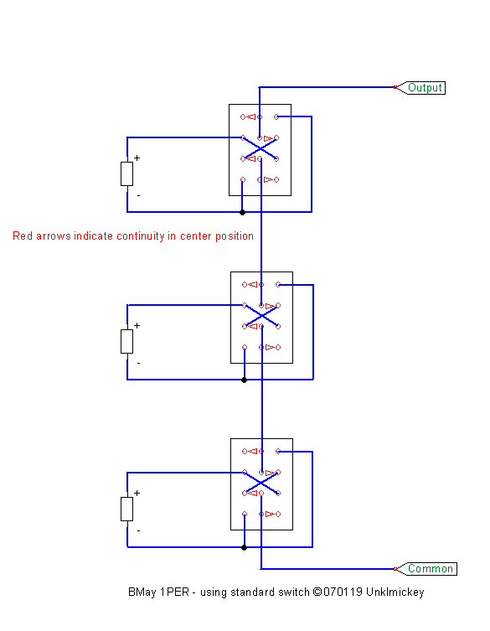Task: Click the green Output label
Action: (425, 87)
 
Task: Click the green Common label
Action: (431, 569)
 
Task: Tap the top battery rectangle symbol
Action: (126, 173)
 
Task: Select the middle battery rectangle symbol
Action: (126, 341)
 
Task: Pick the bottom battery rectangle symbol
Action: (126, 509)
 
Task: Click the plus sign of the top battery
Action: (137, 158)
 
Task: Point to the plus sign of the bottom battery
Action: (137, 493)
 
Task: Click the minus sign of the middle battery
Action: (138, 363)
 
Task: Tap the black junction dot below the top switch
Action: (242, 212)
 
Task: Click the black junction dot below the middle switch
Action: (244, 380)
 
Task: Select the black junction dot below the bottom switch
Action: (244, 547)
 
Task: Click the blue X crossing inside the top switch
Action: (260, 148)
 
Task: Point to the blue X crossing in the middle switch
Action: (261, 316)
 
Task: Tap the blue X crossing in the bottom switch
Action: (261, 483)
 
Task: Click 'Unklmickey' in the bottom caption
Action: (395, 592)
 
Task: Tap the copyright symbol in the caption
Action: (317, 592)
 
